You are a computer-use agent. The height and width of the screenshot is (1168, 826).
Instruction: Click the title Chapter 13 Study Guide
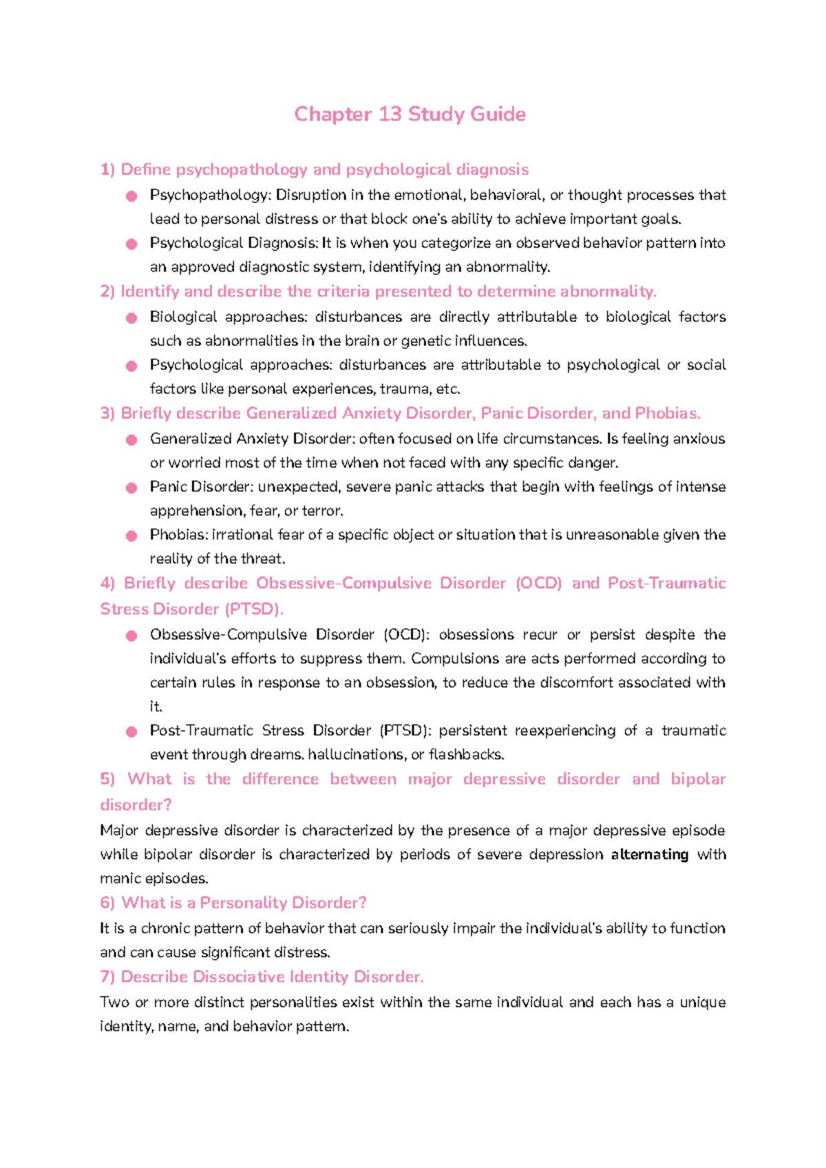coord(410,114)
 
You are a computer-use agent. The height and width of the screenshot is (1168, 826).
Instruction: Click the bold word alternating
coord(649,854)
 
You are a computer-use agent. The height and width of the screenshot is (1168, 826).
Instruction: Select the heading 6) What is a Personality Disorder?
coord(233,902)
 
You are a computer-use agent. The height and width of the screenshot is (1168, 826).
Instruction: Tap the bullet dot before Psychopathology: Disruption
coord(131,197)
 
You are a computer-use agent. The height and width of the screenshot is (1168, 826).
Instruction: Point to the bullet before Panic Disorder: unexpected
coord(131,488)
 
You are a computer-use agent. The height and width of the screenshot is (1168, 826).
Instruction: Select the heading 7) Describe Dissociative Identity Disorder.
coord(262,977)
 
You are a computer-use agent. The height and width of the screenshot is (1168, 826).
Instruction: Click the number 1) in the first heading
coord(107,170)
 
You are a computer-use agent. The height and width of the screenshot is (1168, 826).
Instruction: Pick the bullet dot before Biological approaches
coord(131,318)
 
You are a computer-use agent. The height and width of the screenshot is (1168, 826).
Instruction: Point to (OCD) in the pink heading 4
coord(538,583)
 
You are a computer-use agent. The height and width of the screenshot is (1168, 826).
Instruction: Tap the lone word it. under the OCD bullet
coord(156,707)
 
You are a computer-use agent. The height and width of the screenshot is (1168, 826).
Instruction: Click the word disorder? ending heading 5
coord(136,805)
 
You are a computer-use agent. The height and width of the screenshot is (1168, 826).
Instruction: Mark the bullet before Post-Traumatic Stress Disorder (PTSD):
coord(131,732)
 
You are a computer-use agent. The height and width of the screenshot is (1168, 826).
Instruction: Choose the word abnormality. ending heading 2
coord(608,292)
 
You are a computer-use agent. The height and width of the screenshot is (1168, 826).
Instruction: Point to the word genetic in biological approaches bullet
coord(425,341)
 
